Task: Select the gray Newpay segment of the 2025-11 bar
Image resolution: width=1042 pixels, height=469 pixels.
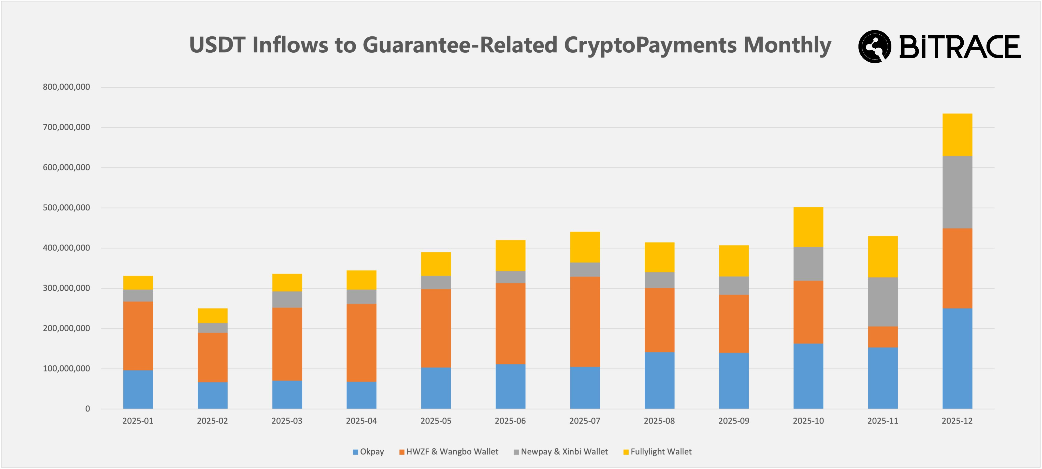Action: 883,302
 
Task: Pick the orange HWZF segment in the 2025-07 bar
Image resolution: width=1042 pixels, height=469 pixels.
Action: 585,322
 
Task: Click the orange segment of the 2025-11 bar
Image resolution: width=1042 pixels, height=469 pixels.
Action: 883,337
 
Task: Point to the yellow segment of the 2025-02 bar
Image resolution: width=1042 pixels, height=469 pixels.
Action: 212,316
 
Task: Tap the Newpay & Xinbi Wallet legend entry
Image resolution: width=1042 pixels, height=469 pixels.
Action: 561,452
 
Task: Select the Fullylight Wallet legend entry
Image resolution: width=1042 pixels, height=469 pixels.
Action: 657,452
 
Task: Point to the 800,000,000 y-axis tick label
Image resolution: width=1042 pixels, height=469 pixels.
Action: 66,87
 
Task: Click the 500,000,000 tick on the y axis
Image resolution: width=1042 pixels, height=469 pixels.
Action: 66,208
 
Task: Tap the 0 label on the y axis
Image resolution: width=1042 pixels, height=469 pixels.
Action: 87,409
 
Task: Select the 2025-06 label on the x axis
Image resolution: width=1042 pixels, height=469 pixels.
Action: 510,421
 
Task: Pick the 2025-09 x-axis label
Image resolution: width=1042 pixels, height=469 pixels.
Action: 733,421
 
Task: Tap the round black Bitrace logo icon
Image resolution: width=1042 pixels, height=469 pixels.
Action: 875,47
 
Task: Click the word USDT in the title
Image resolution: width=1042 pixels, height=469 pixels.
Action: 217,45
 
